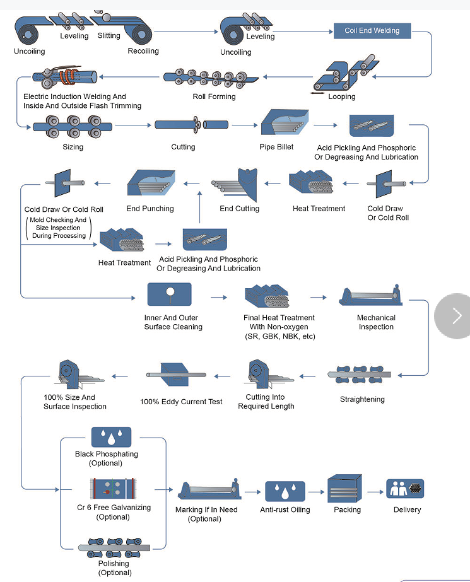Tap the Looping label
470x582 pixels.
(341, 96)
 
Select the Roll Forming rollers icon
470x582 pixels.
(211, 78)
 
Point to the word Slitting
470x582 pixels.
(109, 36)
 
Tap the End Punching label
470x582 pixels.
(150, 209)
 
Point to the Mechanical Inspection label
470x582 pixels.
(376, 322)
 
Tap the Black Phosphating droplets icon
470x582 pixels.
(111, 438)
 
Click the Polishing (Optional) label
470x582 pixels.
(114, 568)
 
